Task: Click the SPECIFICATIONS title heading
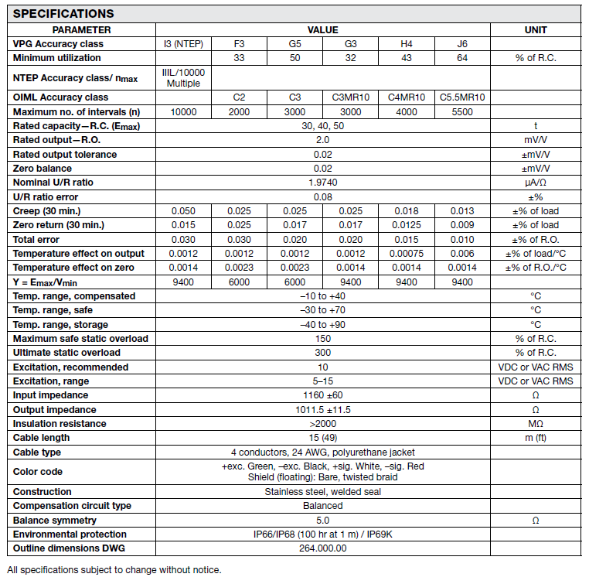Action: [x=63, y=13]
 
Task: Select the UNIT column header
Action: [x=535, y=29]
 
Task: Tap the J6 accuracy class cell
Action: [x=462, y=43]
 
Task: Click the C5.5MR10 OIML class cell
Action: [x=462, y=97]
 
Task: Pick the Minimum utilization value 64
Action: [x=462, y=57]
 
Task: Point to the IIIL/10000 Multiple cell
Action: [x=182, y=77]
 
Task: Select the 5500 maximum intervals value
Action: [x=462, y=111]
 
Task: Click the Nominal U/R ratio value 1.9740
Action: [x=322, y=182]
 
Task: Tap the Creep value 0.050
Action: [x=182, y=210]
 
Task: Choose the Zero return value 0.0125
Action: [x=407, y=224]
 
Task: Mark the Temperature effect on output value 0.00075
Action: [x=407, y=253]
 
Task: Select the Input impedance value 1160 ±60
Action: [x=322, y=395]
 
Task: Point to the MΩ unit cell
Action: [x=535, y=424]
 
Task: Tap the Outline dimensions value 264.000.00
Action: [x=322, y=548]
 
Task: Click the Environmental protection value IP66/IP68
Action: [x=322, y=534]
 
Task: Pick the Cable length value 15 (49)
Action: [x=322, y=438]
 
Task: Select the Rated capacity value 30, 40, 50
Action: [x=322, y=125]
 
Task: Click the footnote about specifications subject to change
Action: [x=114, y=570]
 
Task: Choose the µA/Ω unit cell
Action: [x=535, y=182]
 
